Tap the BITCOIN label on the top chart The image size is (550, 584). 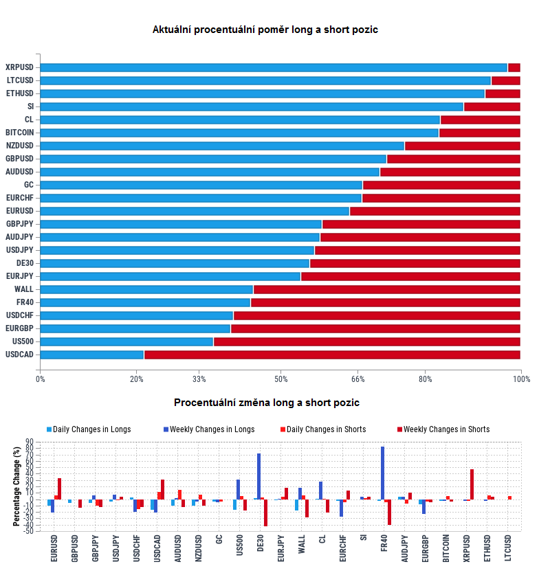click(20, 133)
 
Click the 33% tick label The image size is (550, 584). click(199, 379)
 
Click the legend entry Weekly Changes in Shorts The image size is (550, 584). click(446, 429)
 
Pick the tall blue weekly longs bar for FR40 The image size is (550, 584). click(382, 473)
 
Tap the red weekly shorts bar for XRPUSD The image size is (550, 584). click(472, 484)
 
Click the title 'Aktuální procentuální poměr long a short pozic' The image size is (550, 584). click(265, 30)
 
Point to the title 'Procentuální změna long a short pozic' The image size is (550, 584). click(267, 403)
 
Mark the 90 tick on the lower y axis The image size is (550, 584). click(30, 442)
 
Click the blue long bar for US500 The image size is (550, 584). click(126, 341)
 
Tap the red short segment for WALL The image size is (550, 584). click(386, 289)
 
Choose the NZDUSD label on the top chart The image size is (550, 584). click(19, 146)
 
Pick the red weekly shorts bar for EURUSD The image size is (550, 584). click(59, 488)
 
